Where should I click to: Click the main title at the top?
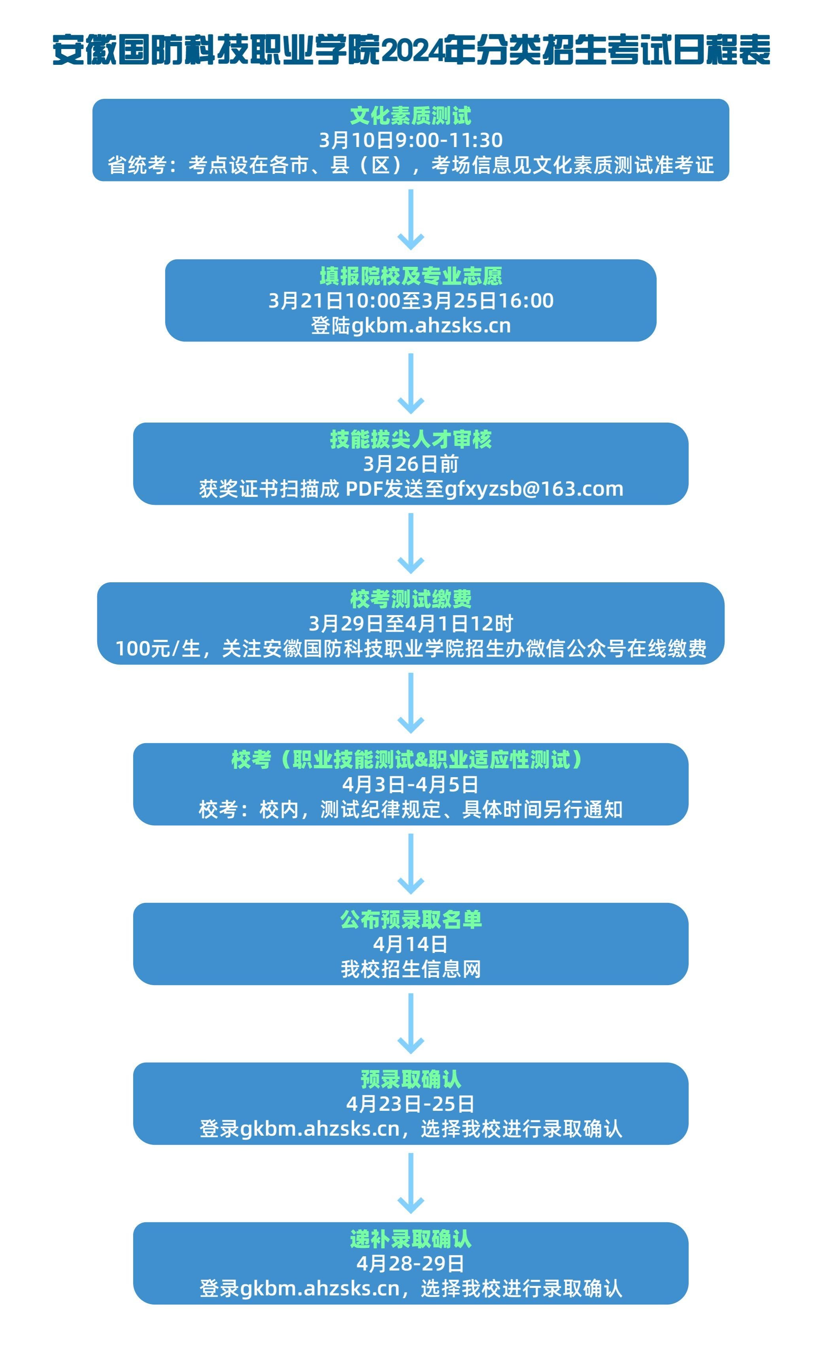(x=411, y=50)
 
